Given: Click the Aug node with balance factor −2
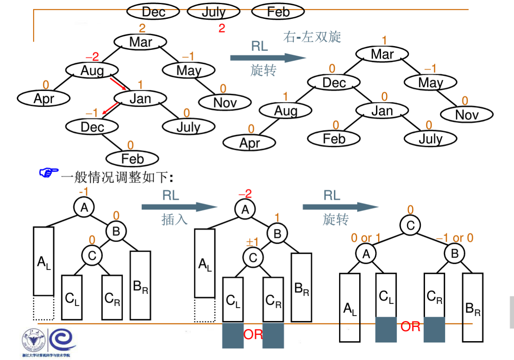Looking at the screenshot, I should (92, 70).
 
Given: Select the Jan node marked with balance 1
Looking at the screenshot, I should (140, 99).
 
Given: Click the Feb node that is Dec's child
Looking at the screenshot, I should (132, 159).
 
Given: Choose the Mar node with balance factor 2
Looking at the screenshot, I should (141, 42).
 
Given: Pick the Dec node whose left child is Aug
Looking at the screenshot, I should (334, 82).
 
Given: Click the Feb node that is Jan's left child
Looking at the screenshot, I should (334, 138).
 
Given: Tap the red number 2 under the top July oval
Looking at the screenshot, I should (222, 29).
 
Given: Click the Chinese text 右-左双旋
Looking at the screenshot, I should (312, 37).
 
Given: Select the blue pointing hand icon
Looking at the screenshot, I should (48, 173).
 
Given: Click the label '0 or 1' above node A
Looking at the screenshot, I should (366, 238).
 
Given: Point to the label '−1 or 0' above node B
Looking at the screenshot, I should (454, 238).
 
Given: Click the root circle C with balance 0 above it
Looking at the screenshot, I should (410, 226).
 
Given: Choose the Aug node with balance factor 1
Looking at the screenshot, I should (286, 110).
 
